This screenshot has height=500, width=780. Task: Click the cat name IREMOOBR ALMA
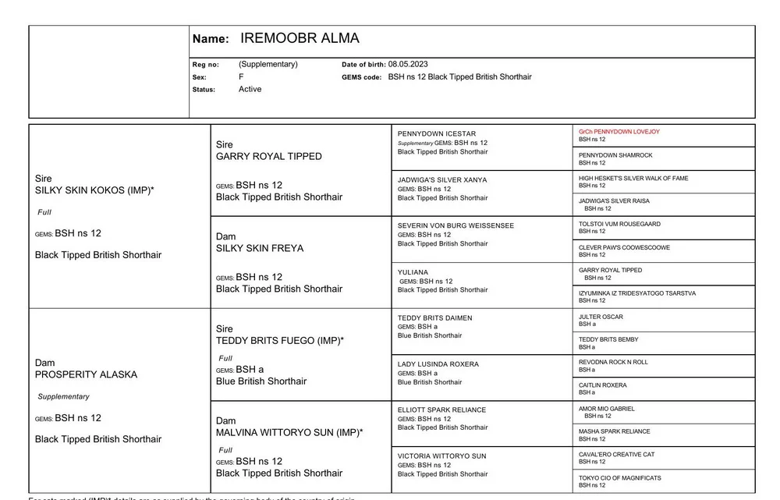(300, 39)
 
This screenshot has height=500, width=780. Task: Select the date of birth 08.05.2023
(408, 65)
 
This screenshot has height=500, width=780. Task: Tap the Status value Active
(250, 90)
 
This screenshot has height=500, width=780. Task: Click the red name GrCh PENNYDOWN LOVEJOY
(619, 132)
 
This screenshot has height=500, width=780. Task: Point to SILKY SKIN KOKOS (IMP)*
(94, 190)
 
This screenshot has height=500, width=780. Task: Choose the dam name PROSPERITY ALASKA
(86, 374)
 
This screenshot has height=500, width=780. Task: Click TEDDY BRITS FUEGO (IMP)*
(280, 341)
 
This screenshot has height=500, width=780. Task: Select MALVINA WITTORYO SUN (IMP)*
(289, 432)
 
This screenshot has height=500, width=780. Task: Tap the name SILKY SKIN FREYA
(260, 248)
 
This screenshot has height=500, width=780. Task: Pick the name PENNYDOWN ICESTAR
(437, 134)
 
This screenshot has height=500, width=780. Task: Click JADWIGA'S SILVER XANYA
(442, 180)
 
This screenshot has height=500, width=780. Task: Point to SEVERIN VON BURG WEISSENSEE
(456, 225)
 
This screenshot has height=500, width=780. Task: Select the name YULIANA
(413, 272)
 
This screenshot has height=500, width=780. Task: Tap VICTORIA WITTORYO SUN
(441, 456)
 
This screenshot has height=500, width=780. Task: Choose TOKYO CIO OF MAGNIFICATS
(620, 478)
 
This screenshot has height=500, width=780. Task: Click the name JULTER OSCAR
(601, 317)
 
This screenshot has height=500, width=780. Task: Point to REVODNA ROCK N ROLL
(613, 362)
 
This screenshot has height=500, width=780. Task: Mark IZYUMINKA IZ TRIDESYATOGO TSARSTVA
(637, 293)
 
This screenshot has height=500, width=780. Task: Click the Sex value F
(241, 77)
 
